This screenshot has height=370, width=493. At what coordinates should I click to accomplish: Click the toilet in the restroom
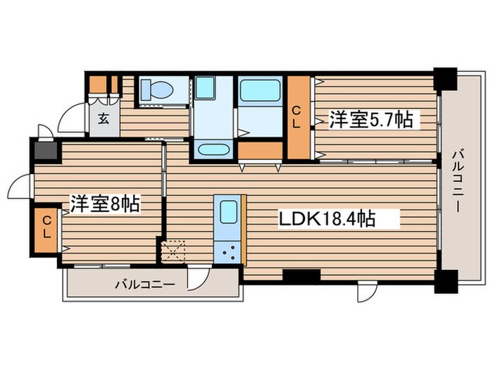point(154,90)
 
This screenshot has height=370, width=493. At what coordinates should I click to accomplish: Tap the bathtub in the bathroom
point(259,91)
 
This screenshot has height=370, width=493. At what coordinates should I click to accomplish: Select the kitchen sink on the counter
point(229,212)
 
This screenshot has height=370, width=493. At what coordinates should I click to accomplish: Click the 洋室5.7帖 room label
point(370,121)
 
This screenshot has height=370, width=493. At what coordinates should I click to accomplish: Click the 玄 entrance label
point(104,118)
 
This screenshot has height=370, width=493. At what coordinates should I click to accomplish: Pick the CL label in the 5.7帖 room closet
point(298,117)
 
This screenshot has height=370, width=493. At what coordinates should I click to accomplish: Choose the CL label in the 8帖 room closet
point(46,226)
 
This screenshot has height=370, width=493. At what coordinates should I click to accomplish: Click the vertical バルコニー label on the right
point(457,180)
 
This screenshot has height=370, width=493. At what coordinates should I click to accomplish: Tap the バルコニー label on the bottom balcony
point(145,285)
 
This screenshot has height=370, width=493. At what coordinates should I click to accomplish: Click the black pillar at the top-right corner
point(445,78)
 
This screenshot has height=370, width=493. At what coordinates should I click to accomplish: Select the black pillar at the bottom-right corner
point(445,281)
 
